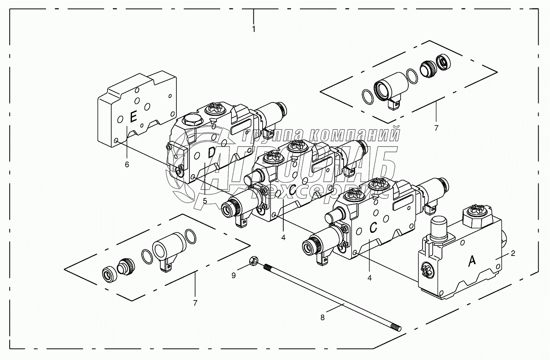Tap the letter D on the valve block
point(211,153)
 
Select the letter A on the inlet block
point(472,262)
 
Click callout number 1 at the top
point(254,29)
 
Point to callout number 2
point(513,253)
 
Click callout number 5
point(205,201)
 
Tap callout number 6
point(127,164)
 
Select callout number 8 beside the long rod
point(323,318)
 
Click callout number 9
point(234,275)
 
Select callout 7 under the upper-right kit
point(436,128)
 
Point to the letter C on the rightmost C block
point(373,228)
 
